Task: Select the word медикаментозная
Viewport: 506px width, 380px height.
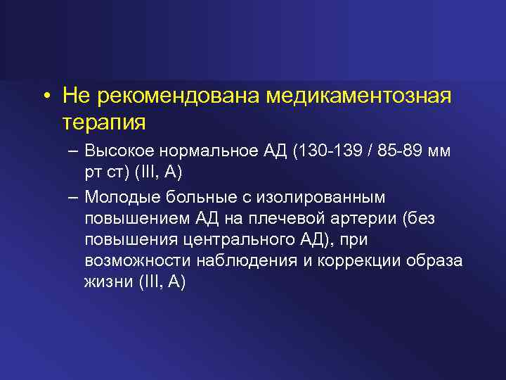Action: [x=358, y=95]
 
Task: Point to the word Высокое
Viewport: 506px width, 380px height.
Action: [x=116, y=151]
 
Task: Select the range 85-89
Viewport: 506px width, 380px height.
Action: [x=396, y=151]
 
